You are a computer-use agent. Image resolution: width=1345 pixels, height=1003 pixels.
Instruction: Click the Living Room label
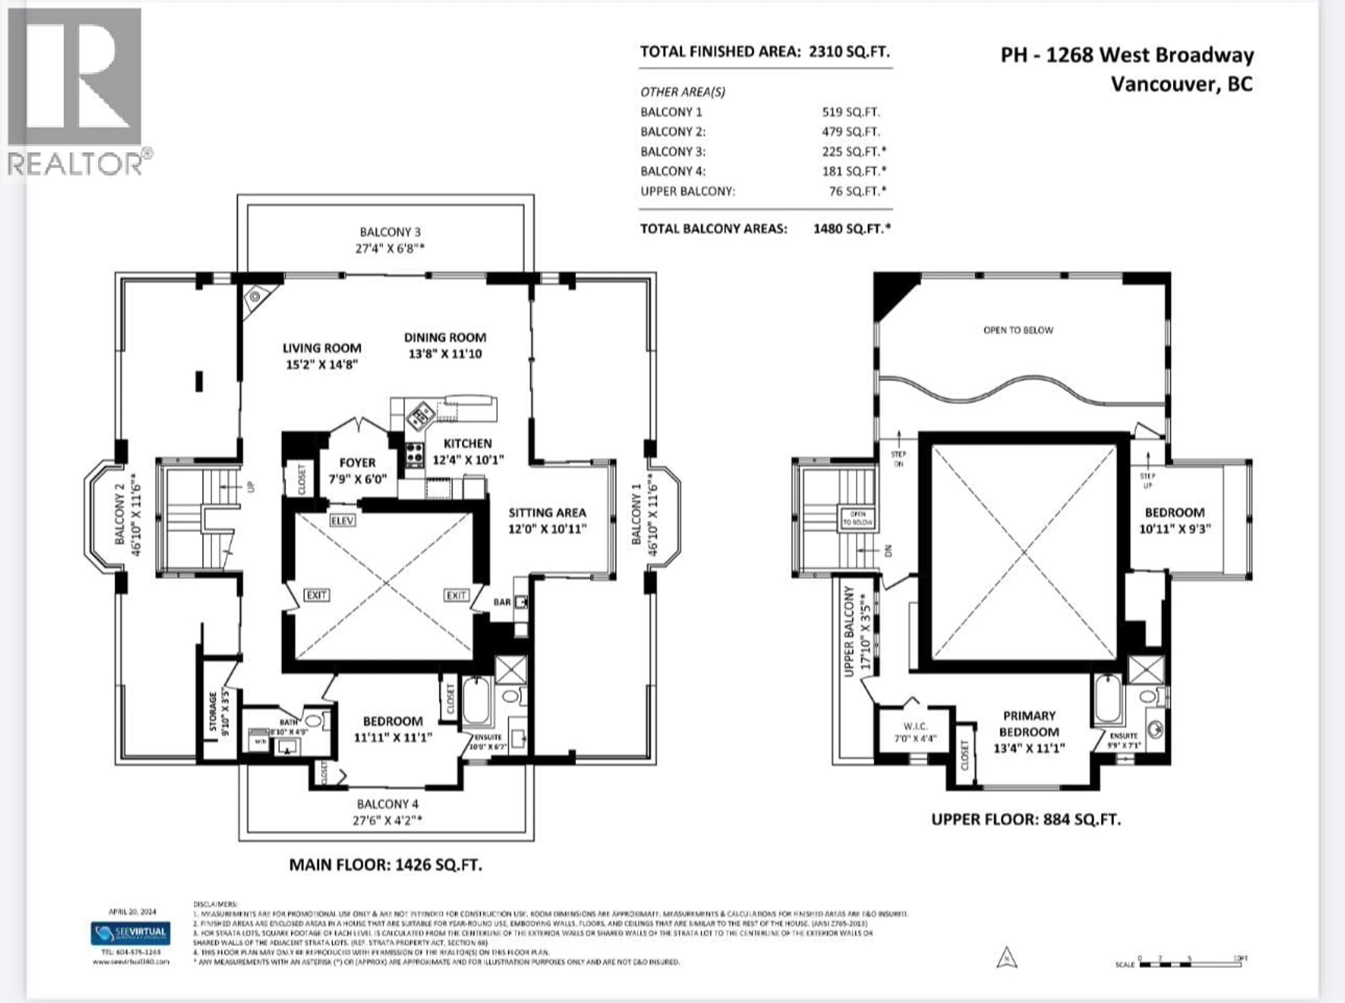(322, 348)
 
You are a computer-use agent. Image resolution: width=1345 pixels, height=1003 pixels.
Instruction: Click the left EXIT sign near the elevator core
(316, 595)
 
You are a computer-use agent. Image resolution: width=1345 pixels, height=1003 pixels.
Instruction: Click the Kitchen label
(468, 443)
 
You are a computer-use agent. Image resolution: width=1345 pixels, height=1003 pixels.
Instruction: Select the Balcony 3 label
(390, 232)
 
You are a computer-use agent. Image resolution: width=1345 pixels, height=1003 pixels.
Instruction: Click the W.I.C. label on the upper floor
(915, 726)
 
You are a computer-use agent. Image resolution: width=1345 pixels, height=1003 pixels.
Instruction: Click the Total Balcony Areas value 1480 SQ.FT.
(851, 229)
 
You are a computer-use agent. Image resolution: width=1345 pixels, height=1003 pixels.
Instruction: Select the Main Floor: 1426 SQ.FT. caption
(386, 865)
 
